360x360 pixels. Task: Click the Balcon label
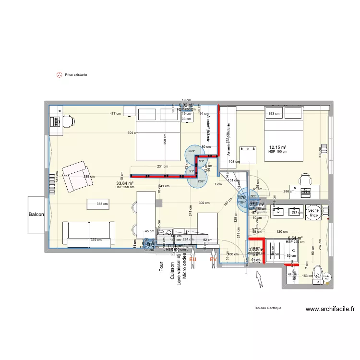[x=37, y=215]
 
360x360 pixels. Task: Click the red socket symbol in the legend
[x=60, y=75]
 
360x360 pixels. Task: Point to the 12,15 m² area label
[x=277, y=147]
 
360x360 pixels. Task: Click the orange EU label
[x=193, y=260]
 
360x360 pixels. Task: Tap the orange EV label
[x=213, y=260]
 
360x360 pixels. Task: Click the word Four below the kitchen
[x=162, y=267]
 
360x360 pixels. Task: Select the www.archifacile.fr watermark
[x=330, y=310]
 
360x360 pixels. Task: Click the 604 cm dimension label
[x=133, y=133]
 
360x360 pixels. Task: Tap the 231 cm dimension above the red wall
[x=162, y=167]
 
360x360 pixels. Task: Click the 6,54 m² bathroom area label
[x=295, y=238]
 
